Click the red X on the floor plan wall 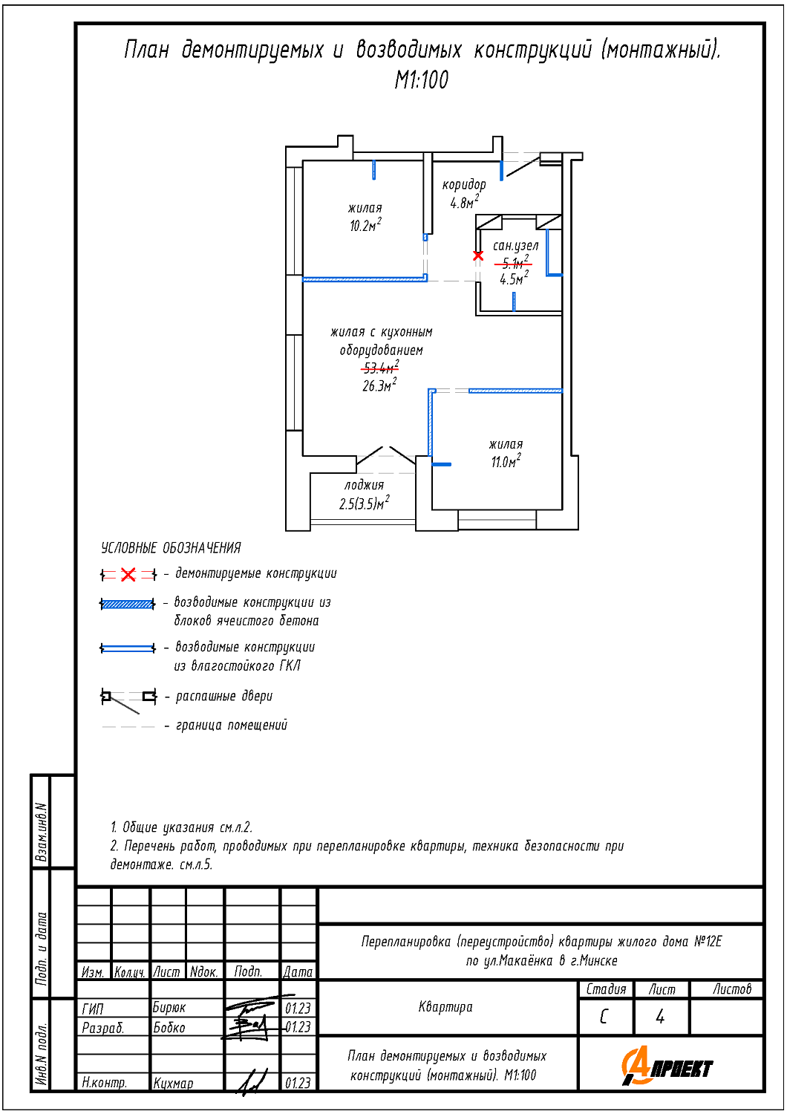pos(478,255)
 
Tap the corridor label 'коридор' pos(464,184)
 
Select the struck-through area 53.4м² pos(380,368)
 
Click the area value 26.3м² pos(379,385)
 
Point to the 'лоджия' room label pos(364,485)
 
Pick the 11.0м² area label pos(505,462)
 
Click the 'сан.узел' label pos(515,245)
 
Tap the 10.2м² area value pos(365,226)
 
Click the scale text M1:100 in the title pos(421,80)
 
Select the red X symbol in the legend pos(128,574)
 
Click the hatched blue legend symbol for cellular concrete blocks pos(128,604)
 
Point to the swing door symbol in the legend pos(128,698)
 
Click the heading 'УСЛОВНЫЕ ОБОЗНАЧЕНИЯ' pos(171,548)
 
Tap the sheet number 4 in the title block pos(660,1017)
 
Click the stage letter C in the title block pos(604,1017)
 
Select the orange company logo pos(666,1066)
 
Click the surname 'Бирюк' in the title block pos(169,1008)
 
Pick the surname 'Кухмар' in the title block pos(173,1083)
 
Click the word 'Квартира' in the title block pos(445,1007)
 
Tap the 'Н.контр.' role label pos(104,1083)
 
